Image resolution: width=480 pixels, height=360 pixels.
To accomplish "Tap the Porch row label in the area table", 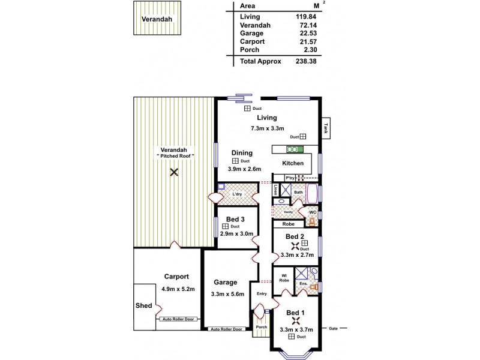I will tap(250, 50).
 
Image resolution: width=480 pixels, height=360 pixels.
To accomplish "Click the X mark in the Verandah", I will tap(174, 172).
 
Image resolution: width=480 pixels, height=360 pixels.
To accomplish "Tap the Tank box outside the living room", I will tap(326, 128).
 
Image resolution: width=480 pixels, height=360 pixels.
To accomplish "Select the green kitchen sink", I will tap(295, 149).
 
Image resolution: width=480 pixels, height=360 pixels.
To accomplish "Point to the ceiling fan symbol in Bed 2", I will tap(295, 245).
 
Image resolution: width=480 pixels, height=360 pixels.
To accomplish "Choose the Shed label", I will tap(143, 305).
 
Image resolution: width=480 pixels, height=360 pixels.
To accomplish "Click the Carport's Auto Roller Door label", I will tap(178, 319).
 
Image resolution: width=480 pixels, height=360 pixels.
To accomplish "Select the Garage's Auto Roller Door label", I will tap(226, 329).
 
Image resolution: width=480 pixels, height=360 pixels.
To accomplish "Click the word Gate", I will tap(334, 329).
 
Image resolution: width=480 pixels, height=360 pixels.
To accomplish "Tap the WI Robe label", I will tap(284, 278).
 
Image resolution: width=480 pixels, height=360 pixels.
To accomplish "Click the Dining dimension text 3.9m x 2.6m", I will tap(244, 169).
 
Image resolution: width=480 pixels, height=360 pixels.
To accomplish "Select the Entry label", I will tap(262, 293).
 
